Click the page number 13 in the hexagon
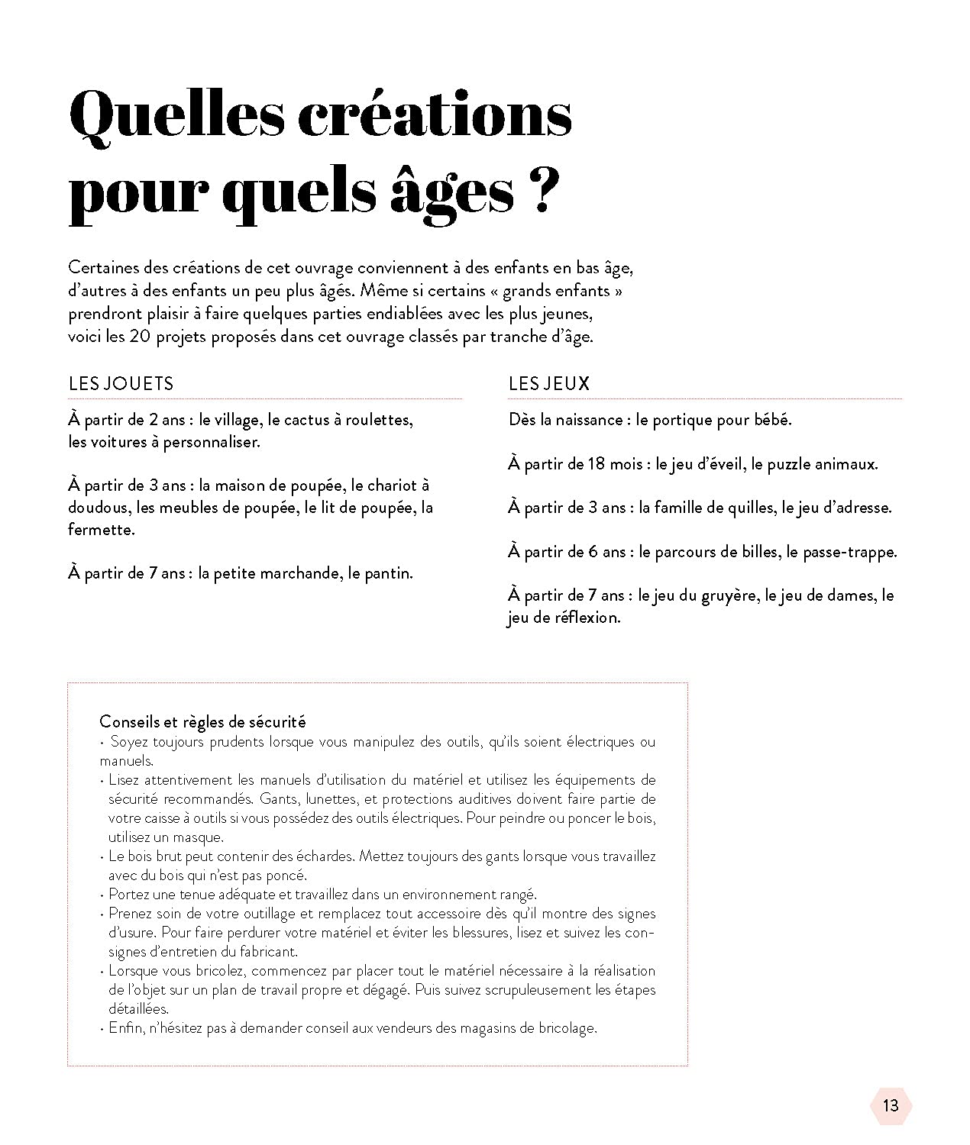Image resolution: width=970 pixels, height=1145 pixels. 891,1106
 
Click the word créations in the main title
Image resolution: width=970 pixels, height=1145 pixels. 433,116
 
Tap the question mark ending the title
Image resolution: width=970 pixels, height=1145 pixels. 538,193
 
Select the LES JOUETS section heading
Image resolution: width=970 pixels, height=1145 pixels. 121,383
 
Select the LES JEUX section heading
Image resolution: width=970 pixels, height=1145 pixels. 548,383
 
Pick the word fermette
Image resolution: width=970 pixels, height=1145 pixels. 101,529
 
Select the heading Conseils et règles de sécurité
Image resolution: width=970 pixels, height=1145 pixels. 202,721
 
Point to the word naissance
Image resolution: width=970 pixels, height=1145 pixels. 589,420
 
